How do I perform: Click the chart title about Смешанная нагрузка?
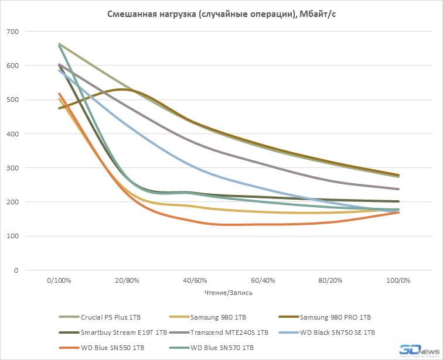(x=221, y=14)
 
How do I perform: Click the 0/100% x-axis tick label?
(x=59, y=280)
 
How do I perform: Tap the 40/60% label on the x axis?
(x=194, y=280)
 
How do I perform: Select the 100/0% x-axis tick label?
(x=398, y=280)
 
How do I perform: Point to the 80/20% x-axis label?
(x=330, y=280)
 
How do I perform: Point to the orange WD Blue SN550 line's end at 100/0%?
(x=398, y=212)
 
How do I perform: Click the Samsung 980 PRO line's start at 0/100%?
(x=59, y=108)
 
